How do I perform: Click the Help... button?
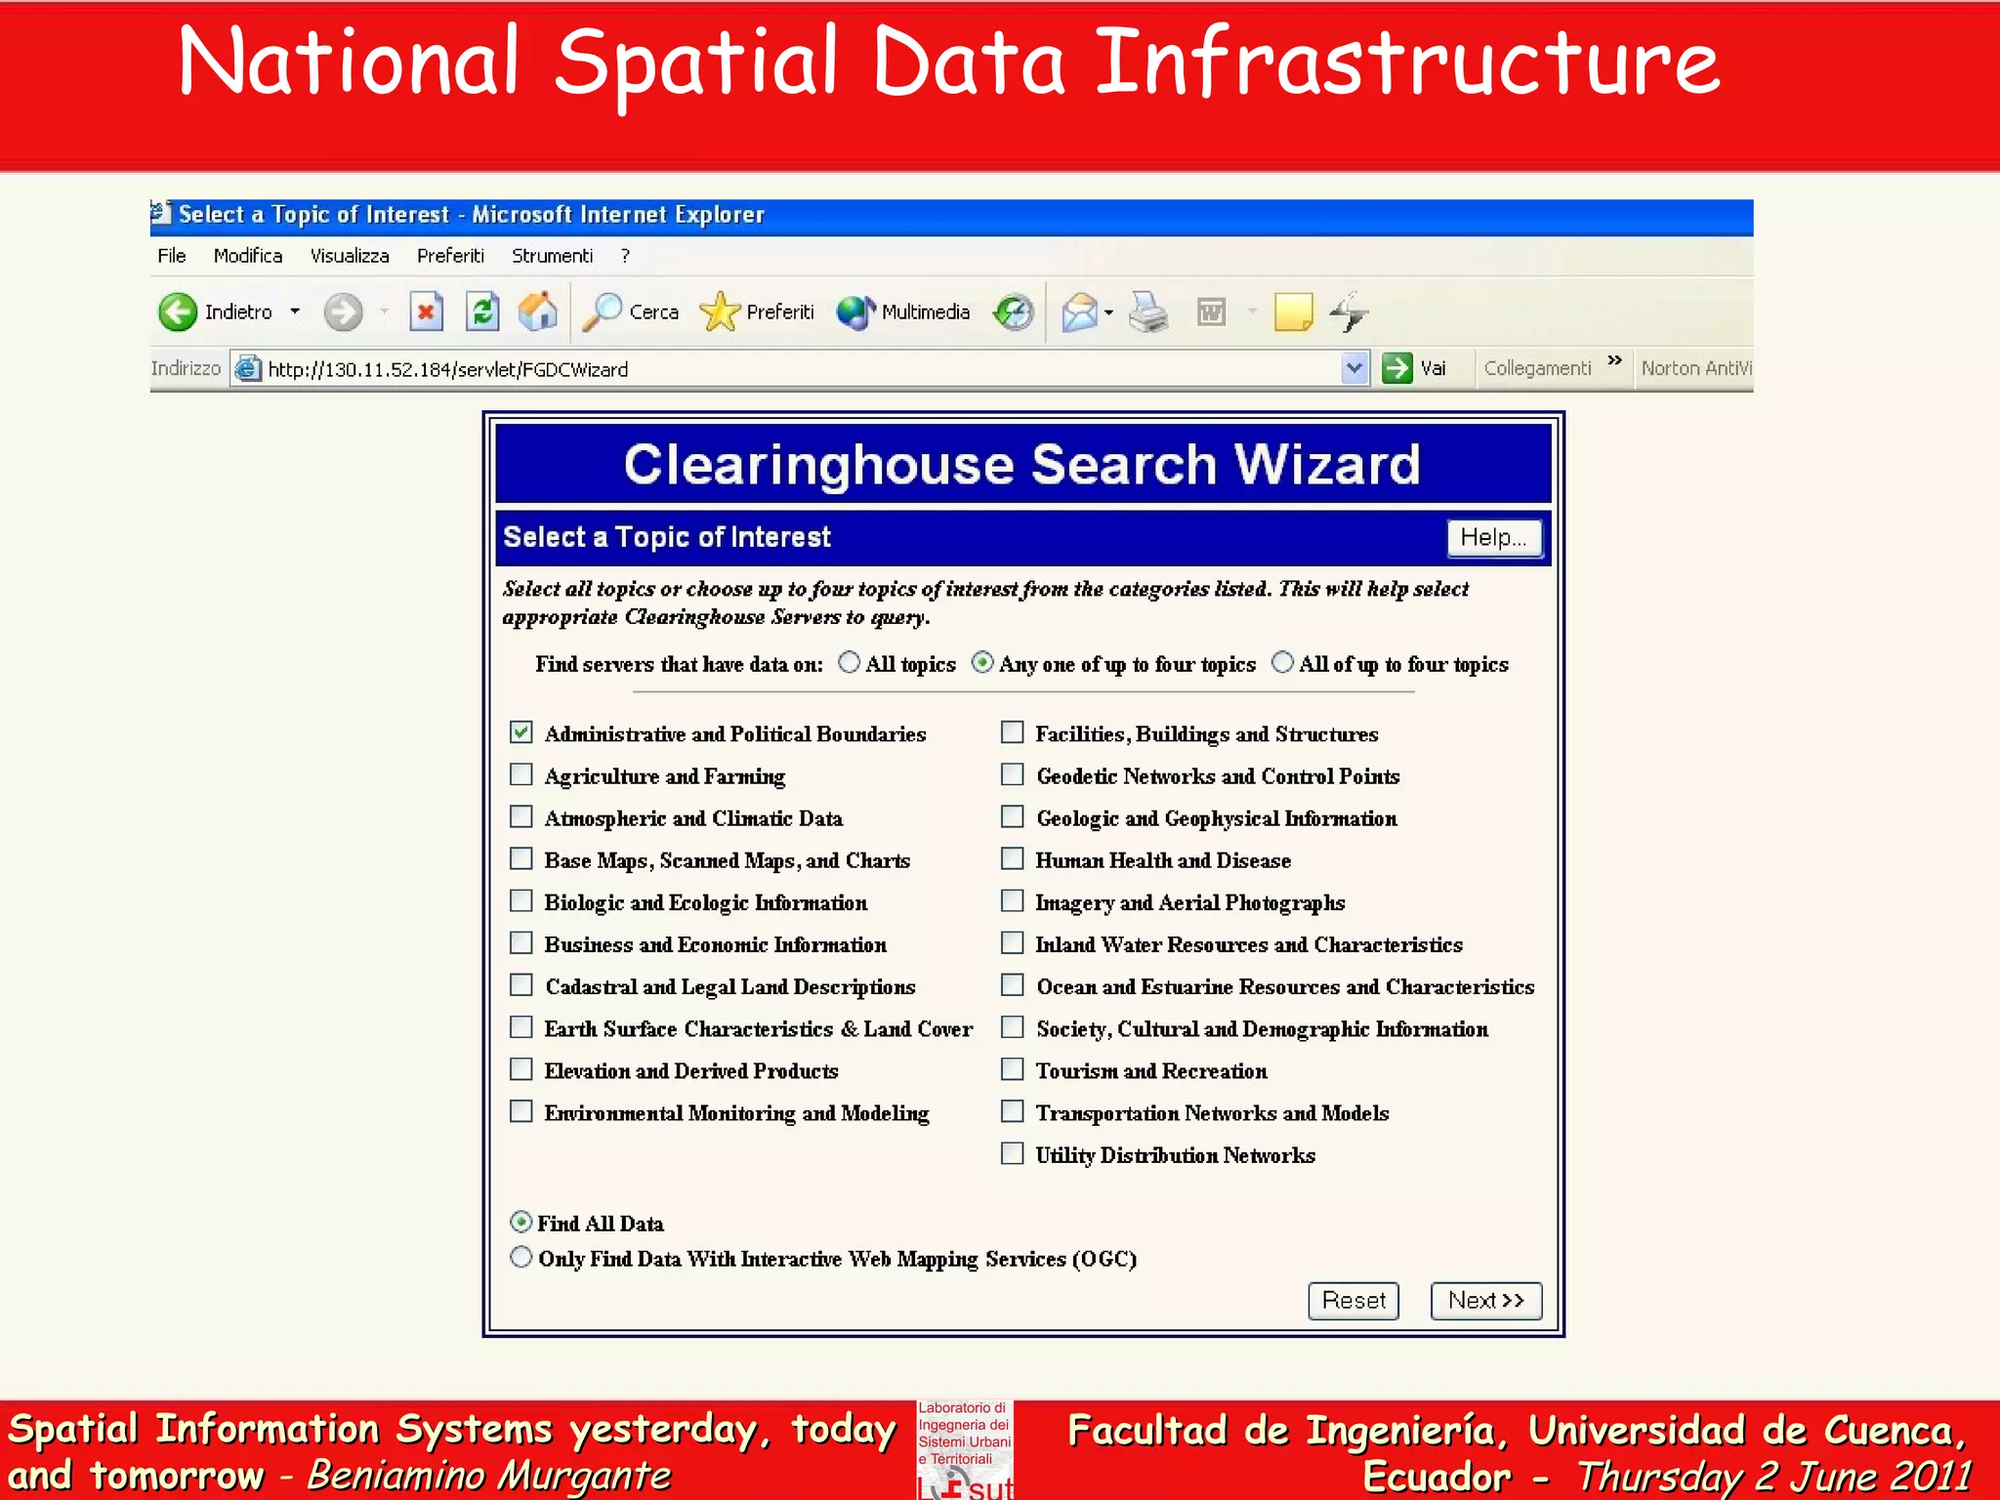coord(1493,537)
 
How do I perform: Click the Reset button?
coord(1353,1301)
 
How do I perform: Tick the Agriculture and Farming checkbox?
coord(521,775)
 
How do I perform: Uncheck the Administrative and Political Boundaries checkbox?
coord(521,732)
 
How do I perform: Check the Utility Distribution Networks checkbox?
coord(1013,1154)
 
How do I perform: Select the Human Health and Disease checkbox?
coord(1013,859)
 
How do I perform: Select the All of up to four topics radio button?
coord(1282,663)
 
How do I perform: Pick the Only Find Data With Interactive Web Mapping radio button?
coord(521,1258)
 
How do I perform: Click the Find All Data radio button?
coord(521,1223)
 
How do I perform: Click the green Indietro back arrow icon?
coord(178,312)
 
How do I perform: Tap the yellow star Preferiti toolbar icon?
coord(721,312)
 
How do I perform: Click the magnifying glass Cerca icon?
coord(603,312)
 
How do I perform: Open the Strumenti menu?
coord(552,256)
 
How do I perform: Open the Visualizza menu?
coord(350,256)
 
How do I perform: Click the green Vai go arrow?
coord(1397,368)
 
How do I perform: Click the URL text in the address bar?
coord(448,369)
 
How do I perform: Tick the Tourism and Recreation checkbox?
coord(1013,1070)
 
